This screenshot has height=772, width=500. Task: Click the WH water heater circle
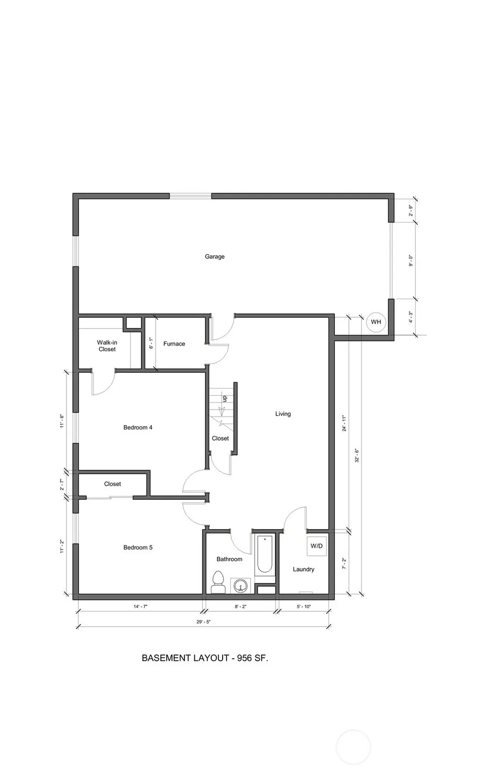(x=376, y=322)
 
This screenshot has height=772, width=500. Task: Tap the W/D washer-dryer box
(x=317, y=546)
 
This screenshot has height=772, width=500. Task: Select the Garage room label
(x=215, y=256)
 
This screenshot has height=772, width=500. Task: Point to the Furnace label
(x=174, y=344)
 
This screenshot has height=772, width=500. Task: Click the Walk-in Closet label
(x=107, y=346)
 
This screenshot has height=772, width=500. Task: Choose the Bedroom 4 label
(x=138, y=427)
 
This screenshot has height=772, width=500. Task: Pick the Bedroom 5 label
(x=138, y=547)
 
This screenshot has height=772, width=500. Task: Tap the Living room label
(x=283, y=414)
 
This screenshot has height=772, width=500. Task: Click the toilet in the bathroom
(x=218, y=582)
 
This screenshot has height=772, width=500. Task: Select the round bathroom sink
(x=240, y=585)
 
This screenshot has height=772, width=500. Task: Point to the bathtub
(x=265, y=554)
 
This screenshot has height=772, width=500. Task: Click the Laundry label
(x=304, y=569)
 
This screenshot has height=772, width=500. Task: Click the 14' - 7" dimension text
(x=141, y=606)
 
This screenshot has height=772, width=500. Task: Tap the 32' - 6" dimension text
(x=357, y=455)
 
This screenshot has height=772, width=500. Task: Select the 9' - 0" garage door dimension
(x=411, y=261)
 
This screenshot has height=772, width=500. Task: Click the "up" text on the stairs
(x=225, y=398)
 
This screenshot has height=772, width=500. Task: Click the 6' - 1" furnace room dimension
(x=151, y=343)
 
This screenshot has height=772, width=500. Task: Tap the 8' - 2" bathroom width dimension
(x=240, y=606)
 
